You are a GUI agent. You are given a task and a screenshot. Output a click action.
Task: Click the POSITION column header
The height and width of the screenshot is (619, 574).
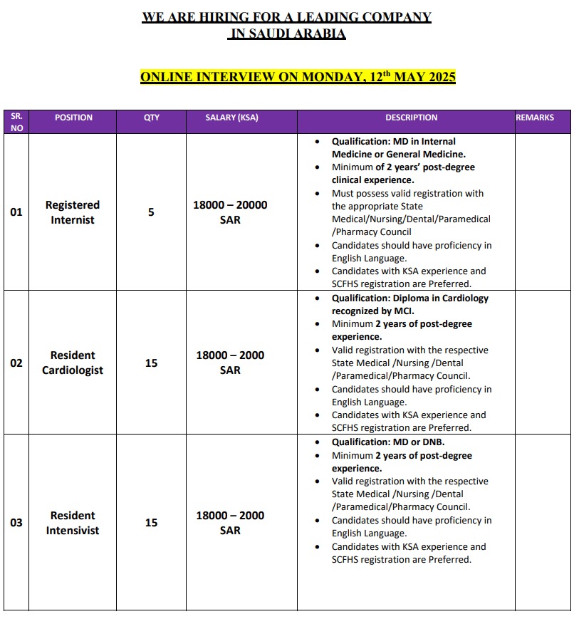(73, 118)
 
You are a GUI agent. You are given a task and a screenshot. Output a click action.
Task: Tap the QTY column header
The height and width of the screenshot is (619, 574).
(152, 118)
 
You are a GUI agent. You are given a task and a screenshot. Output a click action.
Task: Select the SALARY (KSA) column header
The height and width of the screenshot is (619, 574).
(231, 118)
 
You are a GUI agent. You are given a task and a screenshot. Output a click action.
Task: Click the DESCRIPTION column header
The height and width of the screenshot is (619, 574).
(412, 118)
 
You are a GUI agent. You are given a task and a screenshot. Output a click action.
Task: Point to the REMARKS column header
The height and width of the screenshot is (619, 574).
(535, 118)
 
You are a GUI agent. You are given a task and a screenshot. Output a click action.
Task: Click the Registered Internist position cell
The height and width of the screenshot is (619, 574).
(73, 212)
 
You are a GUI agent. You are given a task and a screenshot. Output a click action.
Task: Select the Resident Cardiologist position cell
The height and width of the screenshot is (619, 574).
(73, 363)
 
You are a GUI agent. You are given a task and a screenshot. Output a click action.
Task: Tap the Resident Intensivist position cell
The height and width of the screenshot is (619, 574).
(73, 523)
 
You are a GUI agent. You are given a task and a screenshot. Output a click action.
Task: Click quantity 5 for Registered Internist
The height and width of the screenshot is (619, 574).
(151, 212)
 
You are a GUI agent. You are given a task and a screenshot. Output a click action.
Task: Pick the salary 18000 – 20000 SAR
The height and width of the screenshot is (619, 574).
(230, 212)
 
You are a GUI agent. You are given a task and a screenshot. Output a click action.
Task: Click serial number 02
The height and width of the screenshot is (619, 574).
(16, 363)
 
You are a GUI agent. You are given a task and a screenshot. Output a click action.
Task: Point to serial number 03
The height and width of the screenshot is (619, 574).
(16, 523)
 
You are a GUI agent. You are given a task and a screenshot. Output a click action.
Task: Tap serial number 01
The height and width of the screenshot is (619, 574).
(16, 212)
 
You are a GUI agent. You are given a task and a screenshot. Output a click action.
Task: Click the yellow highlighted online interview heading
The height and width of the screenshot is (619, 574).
(298, 77)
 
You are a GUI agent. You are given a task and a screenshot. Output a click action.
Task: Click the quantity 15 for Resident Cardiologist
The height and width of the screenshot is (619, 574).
(151, 363)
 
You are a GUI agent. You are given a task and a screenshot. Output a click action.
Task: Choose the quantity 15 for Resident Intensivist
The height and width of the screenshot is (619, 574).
(151, 523)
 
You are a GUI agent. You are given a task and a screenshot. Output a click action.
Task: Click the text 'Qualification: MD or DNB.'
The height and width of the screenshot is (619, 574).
(388, 442)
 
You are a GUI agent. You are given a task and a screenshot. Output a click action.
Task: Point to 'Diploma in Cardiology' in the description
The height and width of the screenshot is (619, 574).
(442, 298)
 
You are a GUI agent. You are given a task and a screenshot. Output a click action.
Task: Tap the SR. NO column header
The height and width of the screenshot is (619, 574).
(16, 122)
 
